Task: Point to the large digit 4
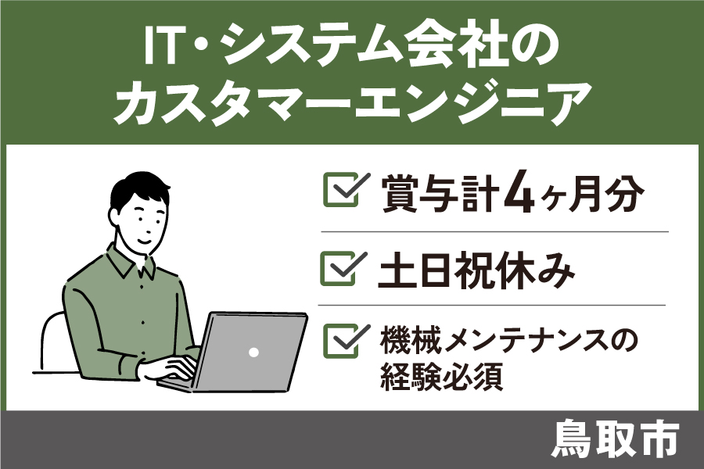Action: pos(519,192)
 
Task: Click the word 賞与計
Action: pos(440,193)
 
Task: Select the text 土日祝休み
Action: pos(476,270)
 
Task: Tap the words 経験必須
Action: pos(441,376)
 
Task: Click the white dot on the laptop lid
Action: pos(253,353)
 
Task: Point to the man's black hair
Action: pos(139,191)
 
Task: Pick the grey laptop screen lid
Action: pos(250,352)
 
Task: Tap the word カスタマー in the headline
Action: pos(232,105)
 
